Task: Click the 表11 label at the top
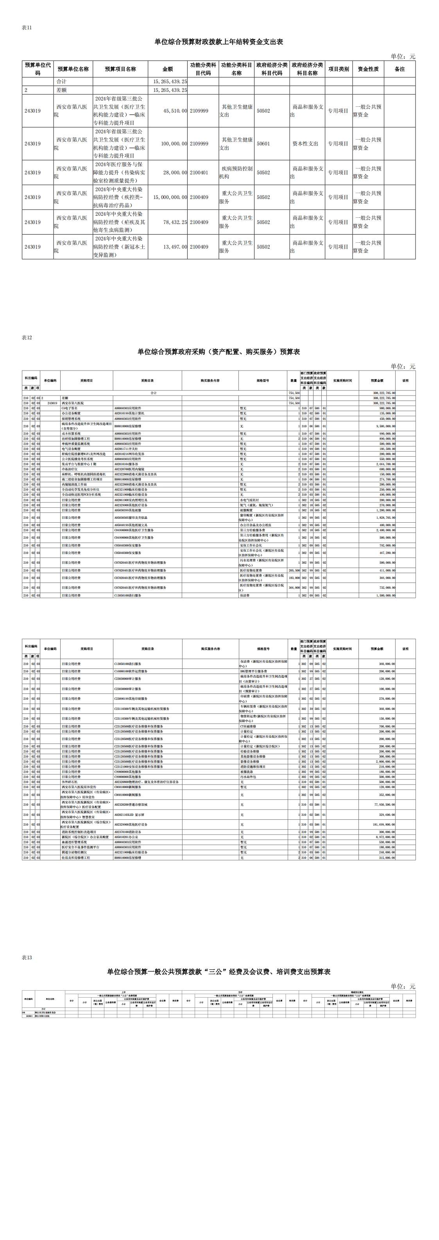click(x=27, y=27)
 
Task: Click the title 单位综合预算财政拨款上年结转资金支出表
click(x=219, y=42)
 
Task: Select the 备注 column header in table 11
click(x=400, y=69)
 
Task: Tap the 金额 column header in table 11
click(x=168, y=69)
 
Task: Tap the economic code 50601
click(x=263, y=143)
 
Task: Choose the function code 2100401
click(x=199, y=172)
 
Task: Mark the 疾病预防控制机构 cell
click(x=236, y=172)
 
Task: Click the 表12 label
click(x=27, y=337)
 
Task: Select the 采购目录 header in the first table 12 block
click(x=147, y=380)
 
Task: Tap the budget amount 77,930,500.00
click(x=383, y=805)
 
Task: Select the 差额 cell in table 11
click(x=62, y=90)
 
